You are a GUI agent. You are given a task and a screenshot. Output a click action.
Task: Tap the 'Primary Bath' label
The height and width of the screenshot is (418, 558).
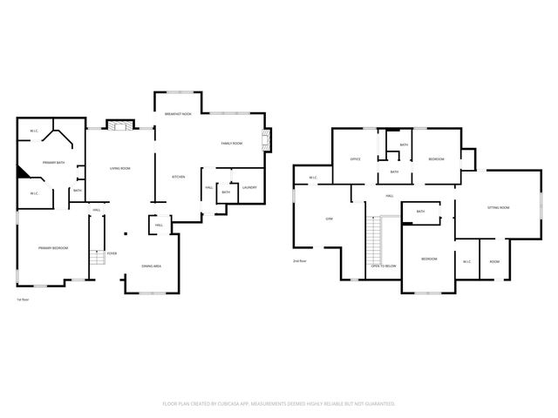(x=55, y=162)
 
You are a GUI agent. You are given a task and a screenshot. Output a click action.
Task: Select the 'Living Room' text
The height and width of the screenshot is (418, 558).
(x=119, y=168)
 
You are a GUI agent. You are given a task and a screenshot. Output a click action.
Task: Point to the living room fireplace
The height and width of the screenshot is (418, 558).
(x=119, y=125)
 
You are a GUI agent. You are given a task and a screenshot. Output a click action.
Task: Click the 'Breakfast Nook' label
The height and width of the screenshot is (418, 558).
(x=178, y=115)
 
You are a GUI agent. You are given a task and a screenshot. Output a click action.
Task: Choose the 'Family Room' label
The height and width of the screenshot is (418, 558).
(x=231, y=143)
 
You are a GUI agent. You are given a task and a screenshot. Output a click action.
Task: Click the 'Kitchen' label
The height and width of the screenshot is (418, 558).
(x=178, y=177)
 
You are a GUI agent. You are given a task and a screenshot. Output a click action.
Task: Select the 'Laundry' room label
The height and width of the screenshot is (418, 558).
(x=248, y=187)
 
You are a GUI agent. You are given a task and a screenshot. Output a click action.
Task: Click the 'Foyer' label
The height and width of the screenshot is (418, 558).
(x=112, y=253)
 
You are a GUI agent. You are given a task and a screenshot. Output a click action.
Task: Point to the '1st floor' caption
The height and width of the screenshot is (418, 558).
(x=24, y=300)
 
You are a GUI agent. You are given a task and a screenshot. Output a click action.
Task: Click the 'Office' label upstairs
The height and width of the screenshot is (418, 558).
(x=356, y=159)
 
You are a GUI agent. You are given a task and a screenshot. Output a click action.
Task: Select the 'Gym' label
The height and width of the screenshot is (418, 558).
(x=330, y=218)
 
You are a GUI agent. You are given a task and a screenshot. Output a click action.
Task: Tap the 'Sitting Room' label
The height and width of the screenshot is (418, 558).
(x=498, y=208)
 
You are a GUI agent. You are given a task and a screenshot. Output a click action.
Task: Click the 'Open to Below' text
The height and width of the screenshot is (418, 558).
(x=384, y=265)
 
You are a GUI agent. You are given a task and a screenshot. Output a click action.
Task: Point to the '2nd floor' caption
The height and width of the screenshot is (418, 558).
(x=299, y=260)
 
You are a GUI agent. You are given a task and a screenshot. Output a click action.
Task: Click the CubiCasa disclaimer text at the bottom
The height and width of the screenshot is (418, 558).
(x=279, y=403)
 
